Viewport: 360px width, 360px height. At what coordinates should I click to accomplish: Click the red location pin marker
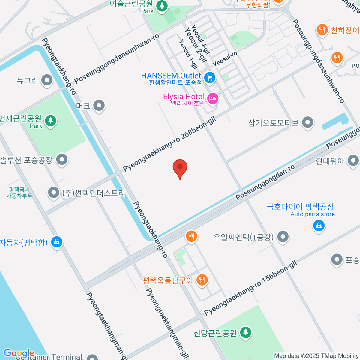180,167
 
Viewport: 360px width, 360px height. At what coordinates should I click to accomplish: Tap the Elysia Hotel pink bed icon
213,98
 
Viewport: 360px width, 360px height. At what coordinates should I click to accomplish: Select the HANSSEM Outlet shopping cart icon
210,78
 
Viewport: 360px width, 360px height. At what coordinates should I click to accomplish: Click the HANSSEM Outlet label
171,76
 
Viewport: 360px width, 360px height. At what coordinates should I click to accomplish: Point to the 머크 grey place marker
99,105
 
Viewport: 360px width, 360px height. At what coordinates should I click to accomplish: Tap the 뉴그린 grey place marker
47,80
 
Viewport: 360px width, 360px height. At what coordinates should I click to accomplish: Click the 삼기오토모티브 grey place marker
307,122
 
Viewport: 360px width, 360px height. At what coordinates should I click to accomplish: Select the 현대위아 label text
330,161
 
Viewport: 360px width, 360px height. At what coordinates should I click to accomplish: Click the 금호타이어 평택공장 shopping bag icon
319,225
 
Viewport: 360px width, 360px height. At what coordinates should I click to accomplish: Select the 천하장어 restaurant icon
322,29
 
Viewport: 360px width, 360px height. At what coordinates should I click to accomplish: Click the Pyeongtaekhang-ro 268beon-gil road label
169,144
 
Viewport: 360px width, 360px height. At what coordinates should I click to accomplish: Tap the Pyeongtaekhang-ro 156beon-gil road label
251,288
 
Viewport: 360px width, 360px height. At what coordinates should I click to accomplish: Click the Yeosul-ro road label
225,59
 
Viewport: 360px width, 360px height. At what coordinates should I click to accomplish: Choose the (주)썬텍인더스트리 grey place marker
54,193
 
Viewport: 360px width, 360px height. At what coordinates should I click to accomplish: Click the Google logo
19,353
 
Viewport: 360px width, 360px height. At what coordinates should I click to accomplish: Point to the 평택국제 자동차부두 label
19,193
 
